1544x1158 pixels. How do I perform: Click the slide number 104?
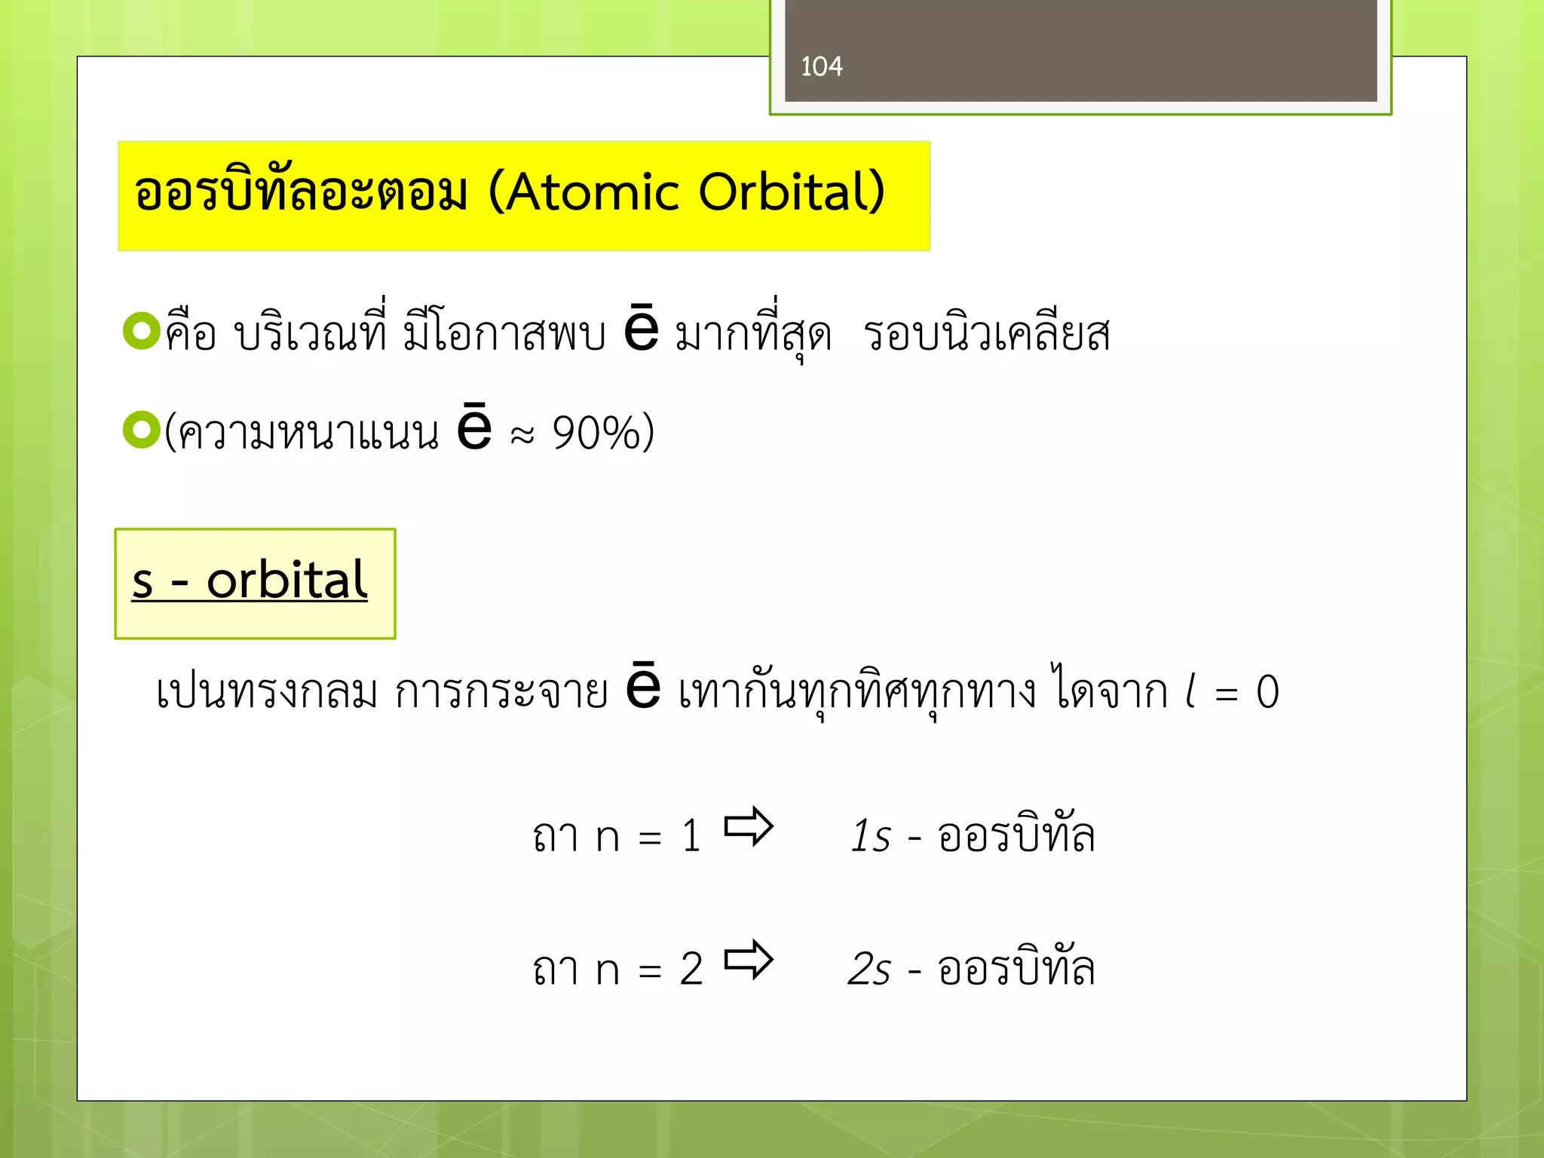tap(821, 67)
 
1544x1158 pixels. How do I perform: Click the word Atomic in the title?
tap(593, 192)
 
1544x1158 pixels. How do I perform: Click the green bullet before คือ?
tap(141, 331)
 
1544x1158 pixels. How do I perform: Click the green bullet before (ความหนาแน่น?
tap(141, 430)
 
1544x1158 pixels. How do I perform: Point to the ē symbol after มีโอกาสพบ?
tap(642, 329)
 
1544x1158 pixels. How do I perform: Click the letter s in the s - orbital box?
tap(142, 582)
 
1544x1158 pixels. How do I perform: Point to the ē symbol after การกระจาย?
tap(643, 688)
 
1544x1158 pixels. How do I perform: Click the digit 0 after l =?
tap(1267, 692)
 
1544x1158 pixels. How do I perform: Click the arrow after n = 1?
tap(748, 827)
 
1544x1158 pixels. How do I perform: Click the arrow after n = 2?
tap(748, 960)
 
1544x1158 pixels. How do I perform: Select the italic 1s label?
tap(871, 836)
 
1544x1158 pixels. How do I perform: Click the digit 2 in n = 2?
tap(691, 970)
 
